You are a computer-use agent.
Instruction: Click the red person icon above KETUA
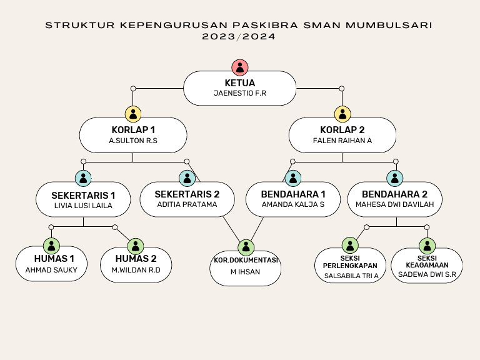(x=240, y=67)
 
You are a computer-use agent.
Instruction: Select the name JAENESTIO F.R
(x=240, y=93)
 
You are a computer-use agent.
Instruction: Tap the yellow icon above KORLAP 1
(x=133, y=114)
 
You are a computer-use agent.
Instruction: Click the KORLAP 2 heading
(x=342, y=130)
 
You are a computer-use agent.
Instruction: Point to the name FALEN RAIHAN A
(x=342, y=141)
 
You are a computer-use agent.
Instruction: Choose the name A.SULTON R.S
(x=133, y=141)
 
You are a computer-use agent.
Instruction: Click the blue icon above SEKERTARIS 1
(x=83, y=178)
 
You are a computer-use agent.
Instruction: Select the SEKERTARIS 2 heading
(x=187, y=194)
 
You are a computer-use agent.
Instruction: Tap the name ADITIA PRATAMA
(x=187, y=204)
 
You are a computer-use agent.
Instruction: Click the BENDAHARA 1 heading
(x=293, y=194)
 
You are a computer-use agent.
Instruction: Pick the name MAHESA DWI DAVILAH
(x=394, y=204)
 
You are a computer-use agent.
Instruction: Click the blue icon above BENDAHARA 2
(x=394, y=178)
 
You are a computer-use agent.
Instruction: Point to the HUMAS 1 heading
(x=54, y=259)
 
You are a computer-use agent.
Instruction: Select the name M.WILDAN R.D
(x=136, y=270)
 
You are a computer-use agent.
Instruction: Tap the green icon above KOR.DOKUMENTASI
(x=246, y=247)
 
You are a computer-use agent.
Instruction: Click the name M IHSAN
(x=245, y=272)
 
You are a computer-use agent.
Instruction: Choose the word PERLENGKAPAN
(x=350, y=266)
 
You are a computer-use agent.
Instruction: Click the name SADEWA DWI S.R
(x=427, y=274)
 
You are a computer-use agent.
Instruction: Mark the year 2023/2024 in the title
(x=239, y=36)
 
